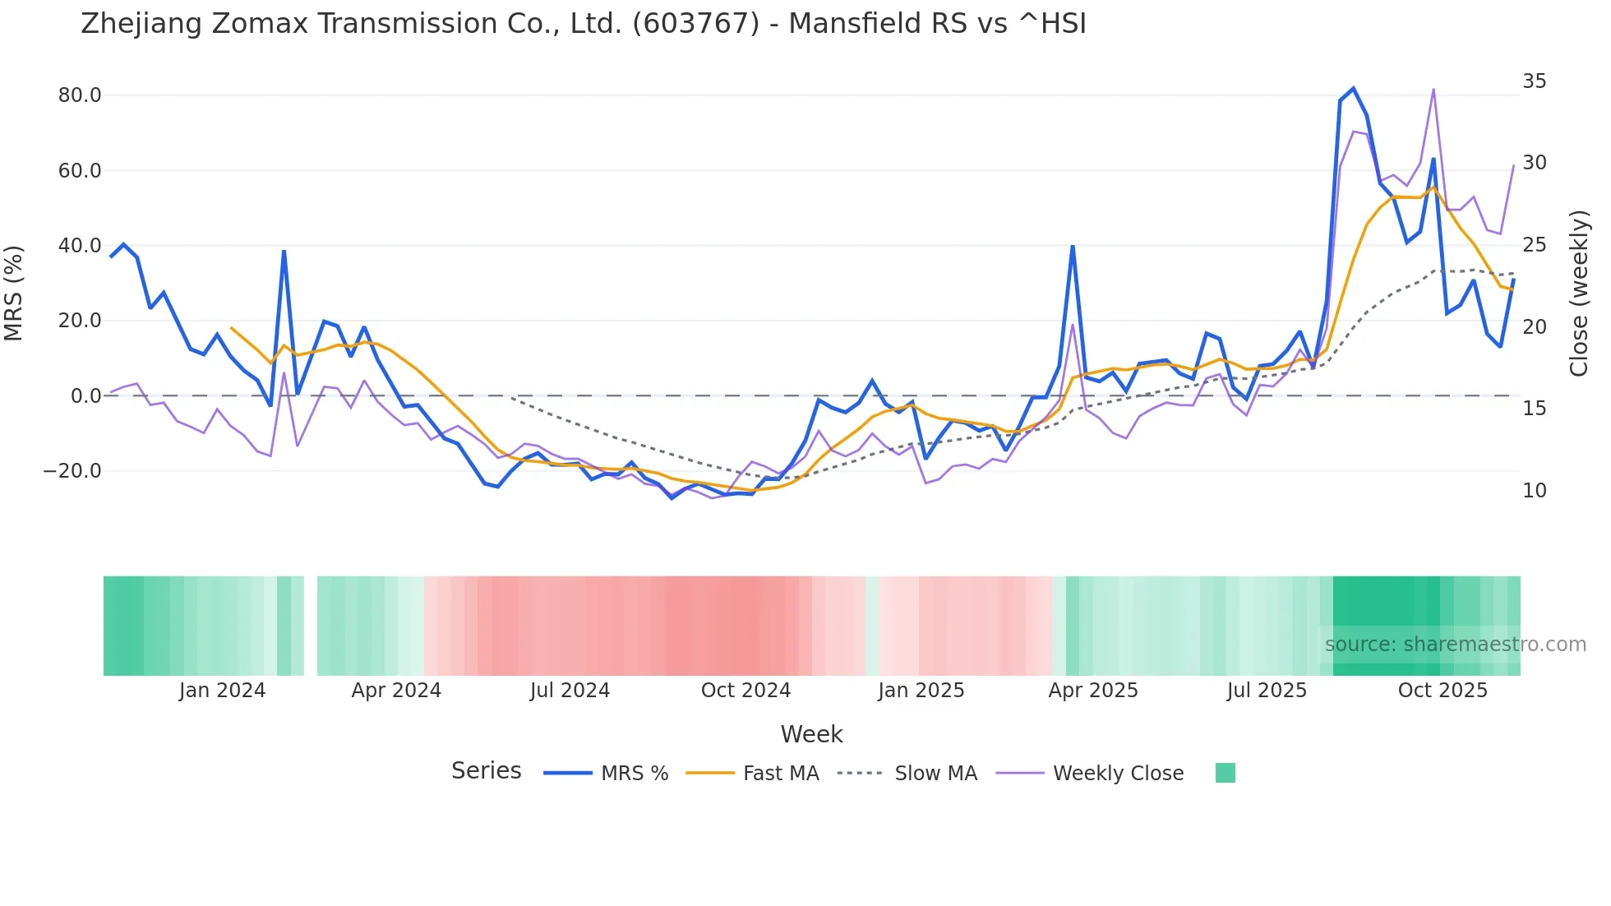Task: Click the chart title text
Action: [583, 24]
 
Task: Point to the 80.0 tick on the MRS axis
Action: [80, 95]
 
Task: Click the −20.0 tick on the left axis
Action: [73, 471]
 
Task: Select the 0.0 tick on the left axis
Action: [85, 396]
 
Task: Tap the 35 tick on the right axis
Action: [1534, 81]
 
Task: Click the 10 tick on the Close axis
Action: [1534, 491]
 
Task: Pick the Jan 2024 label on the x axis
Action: [222, 691]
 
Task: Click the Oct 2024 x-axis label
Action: [745, 691]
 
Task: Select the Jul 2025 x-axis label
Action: [1267, 691]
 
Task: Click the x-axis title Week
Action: [811, 734]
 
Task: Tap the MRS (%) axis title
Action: [14, 293]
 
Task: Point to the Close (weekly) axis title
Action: [1578, 293]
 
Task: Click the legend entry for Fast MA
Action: [780, 774]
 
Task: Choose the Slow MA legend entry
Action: [935, 774]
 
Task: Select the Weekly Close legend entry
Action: [1118, 774]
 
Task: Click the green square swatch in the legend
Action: [1225, 773]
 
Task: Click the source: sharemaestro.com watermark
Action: [1455, 645]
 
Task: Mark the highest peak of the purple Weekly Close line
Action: [1433, 90]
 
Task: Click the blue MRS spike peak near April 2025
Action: [1073, 246]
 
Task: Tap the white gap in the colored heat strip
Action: [311, 626]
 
